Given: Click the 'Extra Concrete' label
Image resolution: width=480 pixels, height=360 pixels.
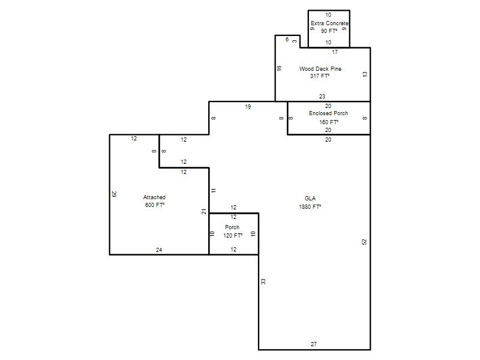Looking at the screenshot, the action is pos(329,23).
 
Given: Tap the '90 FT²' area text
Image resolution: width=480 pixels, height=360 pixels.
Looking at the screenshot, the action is pos(329,31).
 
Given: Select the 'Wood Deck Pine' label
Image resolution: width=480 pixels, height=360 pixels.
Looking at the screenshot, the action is pos(320,69).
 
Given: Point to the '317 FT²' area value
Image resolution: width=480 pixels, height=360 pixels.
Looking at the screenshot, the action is pos(320,76).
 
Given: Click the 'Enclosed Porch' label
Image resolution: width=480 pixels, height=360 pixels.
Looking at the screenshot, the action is pos(328,113).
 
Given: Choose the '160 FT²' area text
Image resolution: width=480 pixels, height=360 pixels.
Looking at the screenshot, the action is pos(329,122).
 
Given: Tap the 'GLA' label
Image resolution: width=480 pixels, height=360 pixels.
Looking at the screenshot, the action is pos(310,199).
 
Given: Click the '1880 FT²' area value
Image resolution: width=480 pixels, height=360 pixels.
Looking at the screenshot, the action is pos(310,206).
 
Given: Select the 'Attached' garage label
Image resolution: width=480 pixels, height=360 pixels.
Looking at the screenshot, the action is pos(154,197).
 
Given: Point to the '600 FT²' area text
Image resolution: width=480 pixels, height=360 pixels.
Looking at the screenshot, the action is pos(155,205).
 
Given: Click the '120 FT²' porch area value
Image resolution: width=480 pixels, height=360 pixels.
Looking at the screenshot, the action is pos(233,235).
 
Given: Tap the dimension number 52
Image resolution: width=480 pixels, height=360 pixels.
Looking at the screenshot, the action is pos(364,242).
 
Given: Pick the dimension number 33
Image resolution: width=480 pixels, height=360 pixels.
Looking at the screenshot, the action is pos(263,281).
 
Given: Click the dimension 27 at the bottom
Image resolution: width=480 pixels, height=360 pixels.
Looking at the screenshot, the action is pos(314,344).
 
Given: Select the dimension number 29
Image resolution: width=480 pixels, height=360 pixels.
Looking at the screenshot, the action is pos(114,194).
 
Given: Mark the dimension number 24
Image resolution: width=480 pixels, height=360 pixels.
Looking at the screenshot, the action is pos(159,250).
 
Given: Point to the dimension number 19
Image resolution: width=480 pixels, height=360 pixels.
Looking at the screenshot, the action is pos(248,107).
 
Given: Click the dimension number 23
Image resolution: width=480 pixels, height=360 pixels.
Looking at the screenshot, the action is pos(322,97).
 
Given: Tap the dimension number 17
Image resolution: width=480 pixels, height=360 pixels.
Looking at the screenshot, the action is pos(335,52).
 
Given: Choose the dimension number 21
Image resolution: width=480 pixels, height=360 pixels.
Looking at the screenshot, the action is pos(204,211).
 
